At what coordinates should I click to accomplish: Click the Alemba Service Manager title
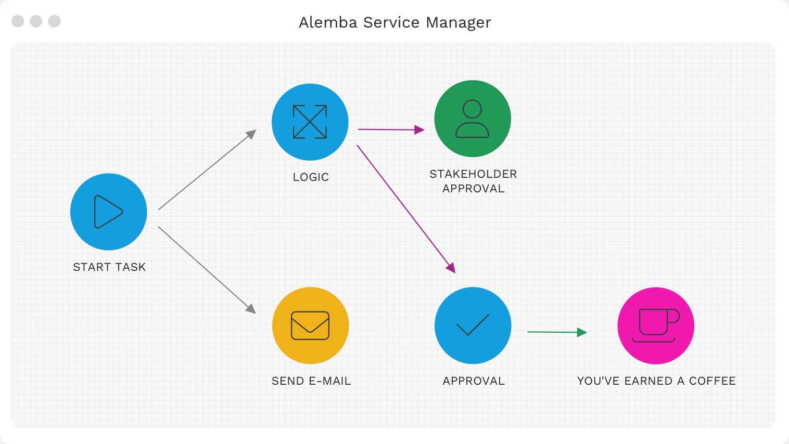tap(394, 22)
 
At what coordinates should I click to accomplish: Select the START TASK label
tap(109, 267)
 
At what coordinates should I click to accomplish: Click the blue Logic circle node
tap(310, 122)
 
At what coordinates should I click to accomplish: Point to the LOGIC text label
tap(311, 177)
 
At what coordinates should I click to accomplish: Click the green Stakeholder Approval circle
tap(473, 119)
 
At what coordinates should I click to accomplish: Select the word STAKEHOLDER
tap(473, 174)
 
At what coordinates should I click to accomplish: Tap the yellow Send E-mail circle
tap(310, 325)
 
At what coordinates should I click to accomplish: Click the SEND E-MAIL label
tap(311, 381)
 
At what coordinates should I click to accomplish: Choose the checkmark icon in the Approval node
tap(473, 325)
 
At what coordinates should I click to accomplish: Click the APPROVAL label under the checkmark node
tap(474, 381)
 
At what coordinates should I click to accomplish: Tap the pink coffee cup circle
tap(656, 325)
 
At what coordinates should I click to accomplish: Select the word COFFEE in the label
tap(712, 381)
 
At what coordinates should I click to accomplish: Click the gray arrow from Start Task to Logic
tap(207, 170)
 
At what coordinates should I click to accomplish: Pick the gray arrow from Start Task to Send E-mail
tap(207, 270)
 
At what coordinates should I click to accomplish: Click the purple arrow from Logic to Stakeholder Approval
tap(390, 129)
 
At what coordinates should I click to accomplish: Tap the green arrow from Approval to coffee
tap(556, 332)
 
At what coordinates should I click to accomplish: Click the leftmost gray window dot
tap(18, 21)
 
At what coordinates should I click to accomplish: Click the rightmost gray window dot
tap(54, 21)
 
